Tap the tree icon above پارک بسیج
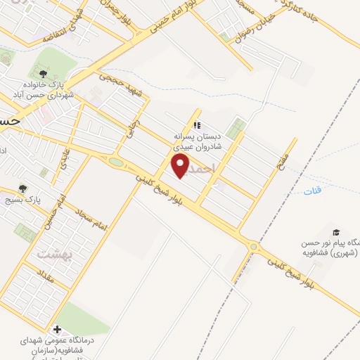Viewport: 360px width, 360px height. [23, 188]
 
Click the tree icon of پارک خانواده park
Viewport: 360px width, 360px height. [44, 72]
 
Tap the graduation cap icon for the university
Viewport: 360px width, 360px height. [337, 232]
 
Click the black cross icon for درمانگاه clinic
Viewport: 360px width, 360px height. [57, 329]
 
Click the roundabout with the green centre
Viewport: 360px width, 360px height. [116, 163]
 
